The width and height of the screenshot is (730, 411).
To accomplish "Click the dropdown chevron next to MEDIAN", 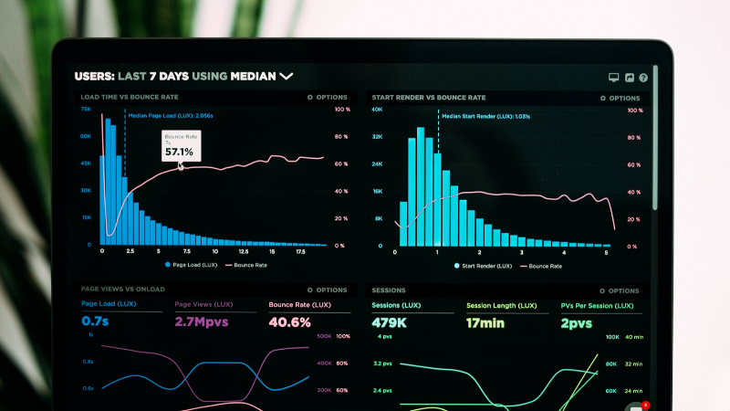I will (287, 77).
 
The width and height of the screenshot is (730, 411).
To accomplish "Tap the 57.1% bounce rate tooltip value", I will (179, 152).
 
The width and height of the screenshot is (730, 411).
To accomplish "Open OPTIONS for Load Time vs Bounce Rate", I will (328, 97).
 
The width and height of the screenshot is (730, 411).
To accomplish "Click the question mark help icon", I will (643, 79).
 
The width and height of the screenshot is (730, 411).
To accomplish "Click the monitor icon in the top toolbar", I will (614, 79).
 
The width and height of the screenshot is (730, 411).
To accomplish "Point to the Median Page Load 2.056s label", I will (171, 116).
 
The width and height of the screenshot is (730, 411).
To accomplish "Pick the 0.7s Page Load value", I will (95, 321).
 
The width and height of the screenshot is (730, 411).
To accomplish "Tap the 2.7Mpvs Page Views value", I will (201, 321).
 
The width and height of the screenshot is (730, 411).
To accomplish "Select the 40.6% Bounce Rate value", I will (289, 321).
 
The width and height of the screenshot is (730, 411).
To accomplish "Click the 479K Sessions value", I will (389, 322).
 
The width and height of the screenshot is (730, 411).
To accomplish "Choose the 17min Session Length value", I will (485, 322).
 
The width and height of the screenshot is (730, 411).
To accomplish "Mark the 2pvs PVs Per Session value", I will (577, 322).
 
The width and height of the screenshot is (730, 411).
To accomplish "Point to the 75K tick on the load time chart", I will (86, 110).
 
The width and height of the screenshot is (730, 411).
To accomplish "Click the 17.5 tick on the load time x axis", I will (299, 251).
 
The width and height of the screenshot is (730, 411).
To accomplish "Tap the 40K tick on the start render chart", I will (377, 110).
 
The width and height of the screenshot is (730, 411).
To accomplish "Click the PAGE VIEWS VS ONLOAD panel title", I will (122, 289).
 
